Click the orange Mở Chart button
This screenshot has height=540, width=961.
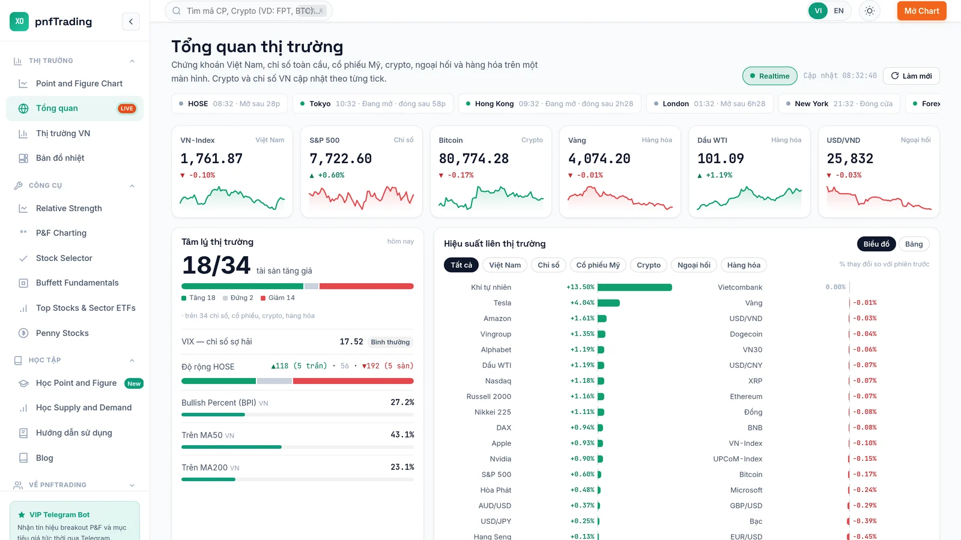pyautogui.click(x=921, y=11)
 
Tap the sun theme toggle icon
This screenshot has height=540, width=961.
pyautogui.click(x=870, y=11)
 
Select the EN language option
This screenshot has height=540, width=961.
pyautogui.click(x=838, y=11)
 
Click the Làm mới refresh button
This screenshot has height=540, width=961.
pyautogui.click(x=911, y=76)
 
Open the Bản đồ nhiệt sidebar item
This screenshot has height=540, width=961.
pyautogui.click(x=59, y=158)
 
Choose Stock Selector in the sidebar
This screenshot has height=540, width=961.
pyautogui.click(x=64, y=258)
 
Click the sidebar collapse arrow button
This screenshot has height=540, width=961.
pyautogui.click(x=131, y=22)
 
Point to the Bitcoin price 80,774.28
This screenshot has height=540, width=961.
pyautogui.click(x=474, y=158)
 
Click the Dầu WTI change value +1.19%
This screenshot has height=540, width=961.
pyautogui.click(x=719, y=175)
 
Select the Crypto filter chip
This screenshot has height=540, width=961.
pyautogui.click(x=648, y=265)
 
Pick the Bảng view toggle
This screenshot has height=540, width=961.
pyautogui.click(x=914, y=244)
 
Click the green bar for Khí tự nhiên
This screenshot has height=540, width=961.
pyautogui.click(x=634, y=287)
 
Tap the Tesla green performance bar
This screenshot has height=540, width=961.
pyautogui.click(x=608, y=303)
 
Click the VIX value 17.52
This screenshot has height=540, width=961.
pyautogui.click(x=351, y=341)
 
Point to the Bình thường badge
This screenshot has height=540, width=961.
pyautogui.click(x=390, y=342)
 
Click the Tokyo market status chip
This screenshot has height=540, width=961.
pyautogui.click(x=372, y=104)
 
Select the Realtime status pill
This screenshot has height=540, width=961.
pyautogui.click(x=769, y=76)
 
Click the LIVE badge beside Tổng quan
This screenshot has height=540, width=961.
pyautogui.click(x=127, y=109)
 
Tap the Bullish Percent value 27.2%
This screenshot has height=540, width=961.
pyautogui.click(x=402, y=402)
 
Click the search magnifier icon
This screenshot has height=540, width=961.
pyautogui.click(x=177, y=11)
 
